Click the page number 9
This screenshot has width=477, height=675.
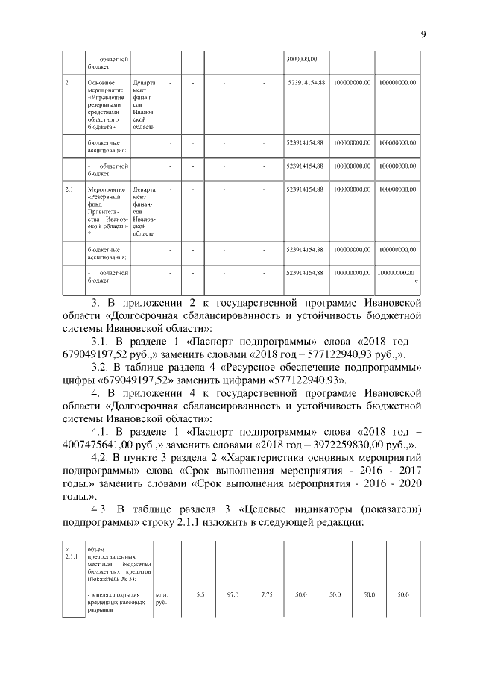click(423, 34)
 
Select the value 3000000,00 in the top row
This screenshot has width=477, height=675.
click(302, 58)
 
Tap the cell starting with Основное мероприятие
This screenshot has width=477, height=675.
click(107, 105)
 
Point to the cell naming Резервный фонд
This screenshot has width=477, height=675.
click(107, 212)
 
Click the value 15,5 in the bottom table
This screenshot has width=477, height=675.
click(199, 594)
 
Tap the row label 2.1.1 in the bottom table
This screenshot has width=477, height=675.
click(72, 556)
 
